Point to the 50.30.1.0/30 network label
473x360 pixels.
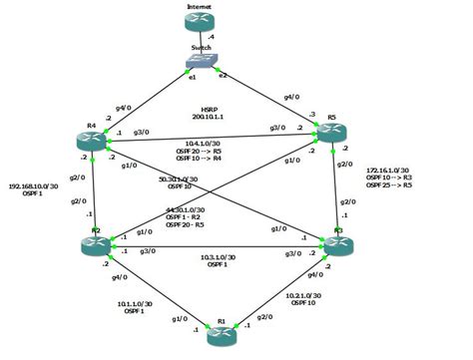point(179,181)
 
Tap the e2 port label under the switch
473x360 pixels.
point(222,75)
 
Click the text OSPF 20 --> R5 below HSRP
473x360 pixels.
point(200,151)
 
